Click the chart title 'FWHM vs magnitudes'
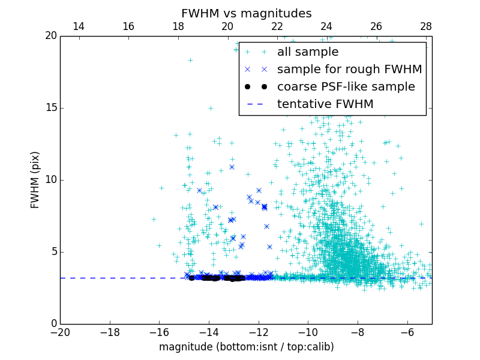click(246, 13)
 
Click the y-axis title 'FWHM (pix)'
click(35, 179)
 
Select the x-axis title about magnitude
click(246, 347)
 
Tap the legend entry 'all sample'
click(308, 52)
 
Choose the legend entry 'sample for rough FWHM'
click(349, 70)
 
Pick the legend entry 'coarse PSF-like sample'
click(346, 87)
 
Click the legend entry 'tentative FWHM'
click(325, 104)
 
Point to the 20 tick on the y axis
click(50, 36)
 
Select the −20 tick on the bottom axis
click(60, 332)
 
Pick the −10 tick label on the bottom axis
click(307, 332)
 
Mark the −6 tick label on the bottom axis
click(407, 332)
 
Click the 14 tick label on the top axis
click(78, 26)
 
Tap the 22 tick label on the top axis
click(277, 26)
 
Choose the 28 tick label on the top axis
click(425, 26)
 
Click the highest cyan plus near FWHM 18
click(190, 60)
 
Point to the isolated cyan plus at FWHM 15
click(211, 108)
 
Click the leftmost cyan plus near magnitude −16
click(154, 219)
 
